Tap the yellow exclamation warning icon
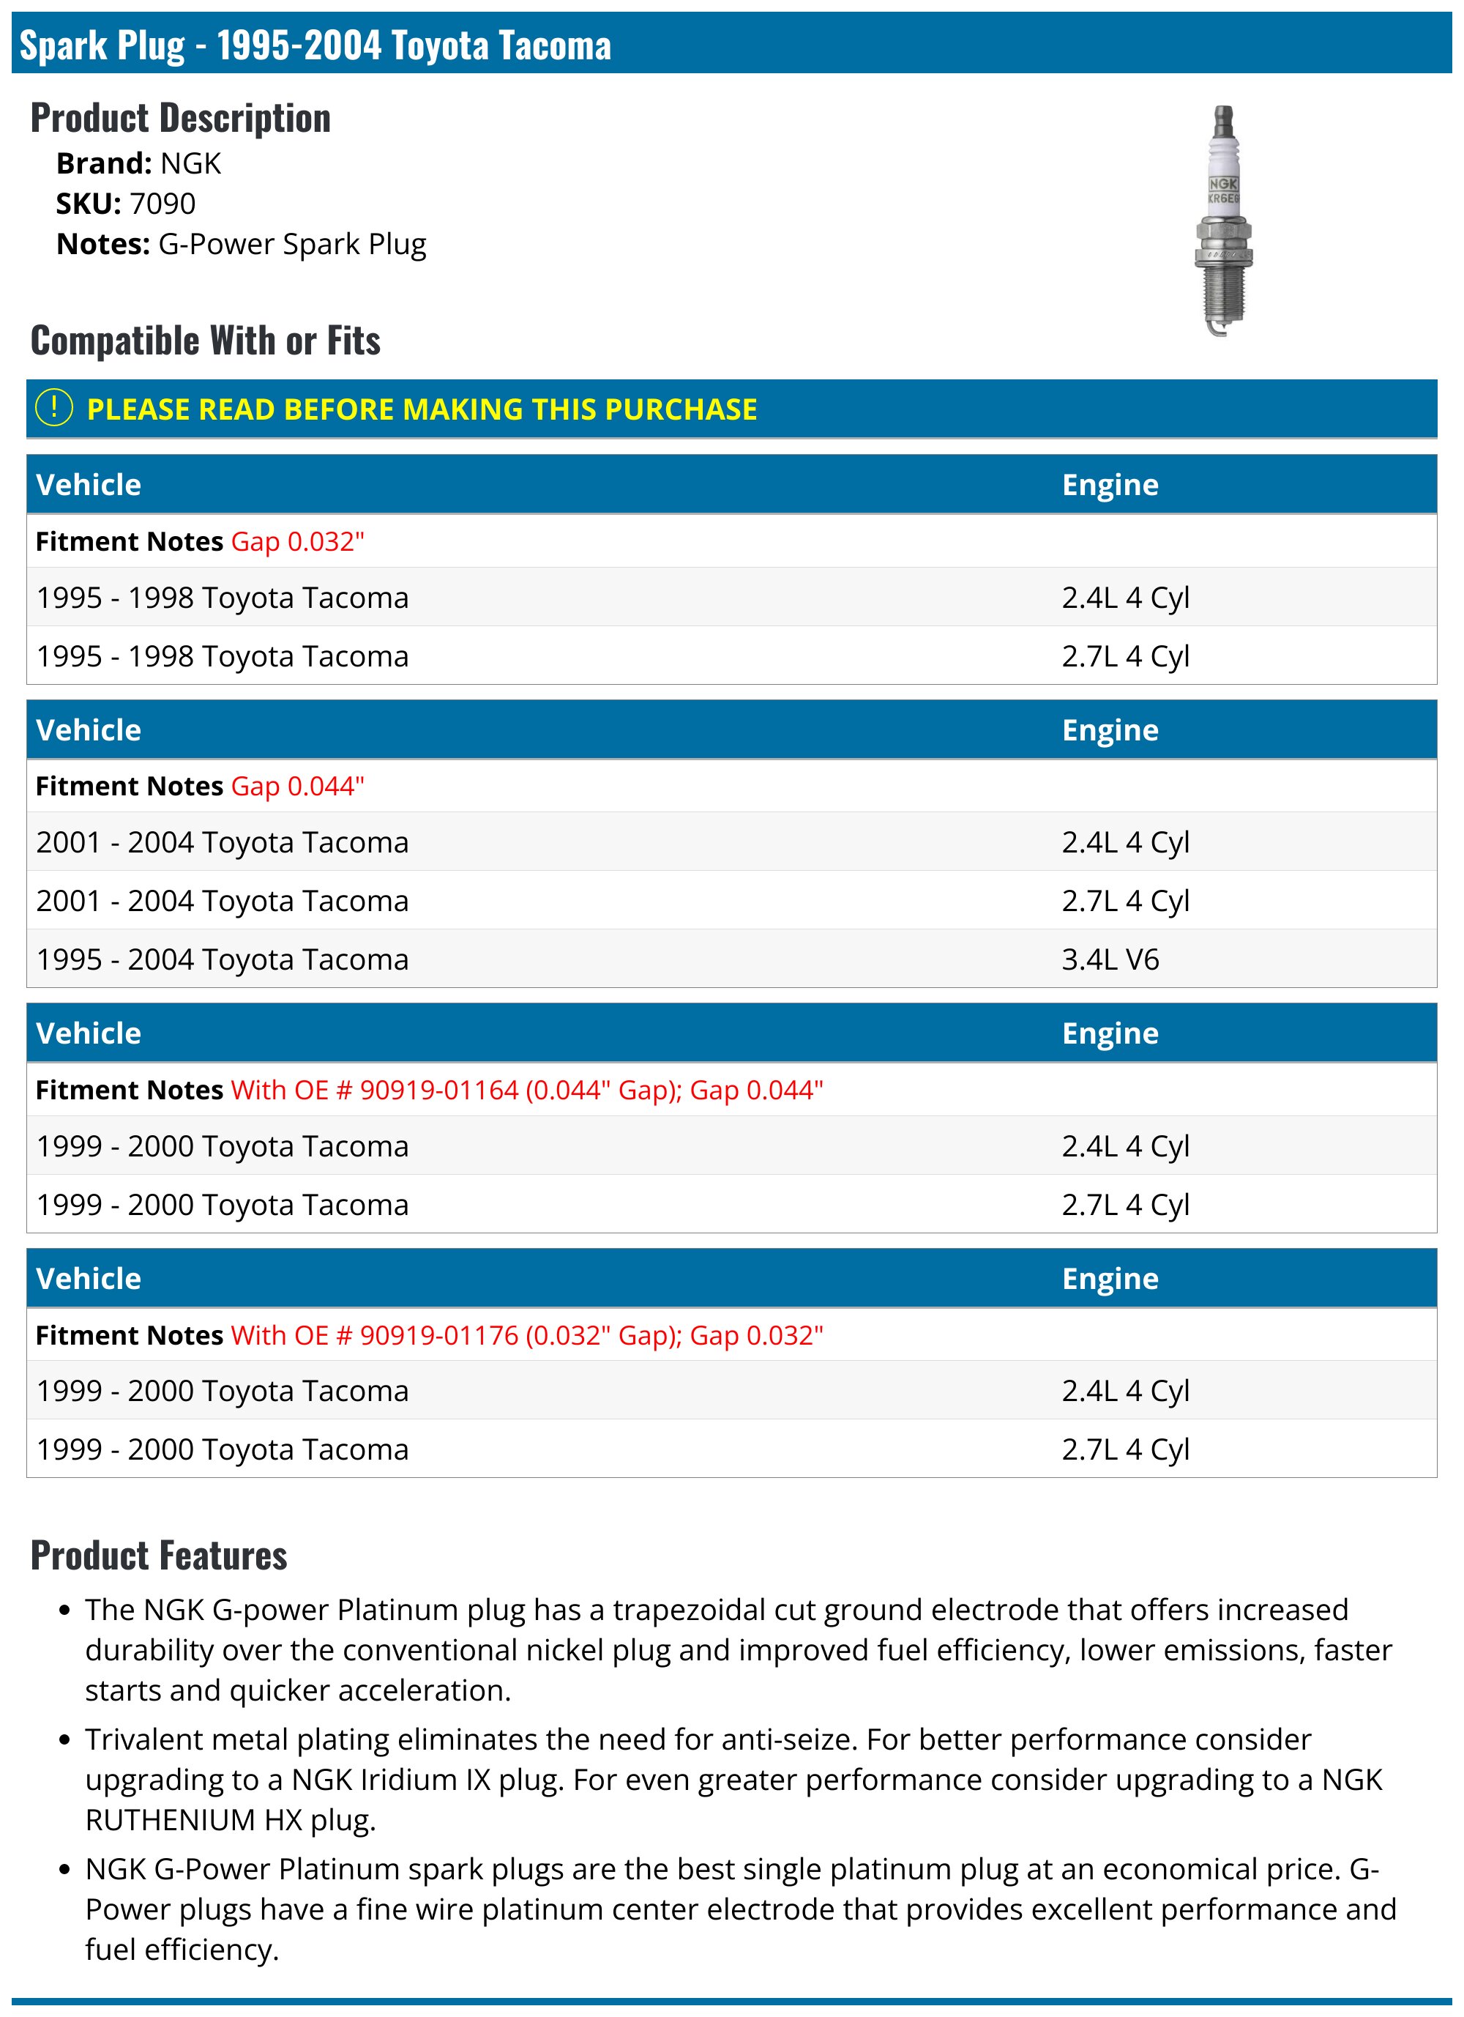(x=53, y=408)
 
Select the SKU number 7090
(x=162, y=204)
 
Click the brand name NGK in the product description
(x=190, y=163)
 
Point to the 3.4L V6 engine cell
(x=1110, y=959)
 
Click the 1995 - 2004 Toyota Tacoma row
(x=223, y=959)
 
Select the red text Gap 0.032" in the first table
(x=298, y=542)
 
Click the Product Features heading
(x=159, y=1556)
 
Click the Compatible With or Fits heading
(x=206, y=341)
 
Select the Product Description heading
(x=181, y=119)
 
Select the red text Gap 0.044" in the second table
(x=298, y=786)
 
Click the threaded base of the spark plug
(x=1222, y=294)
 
